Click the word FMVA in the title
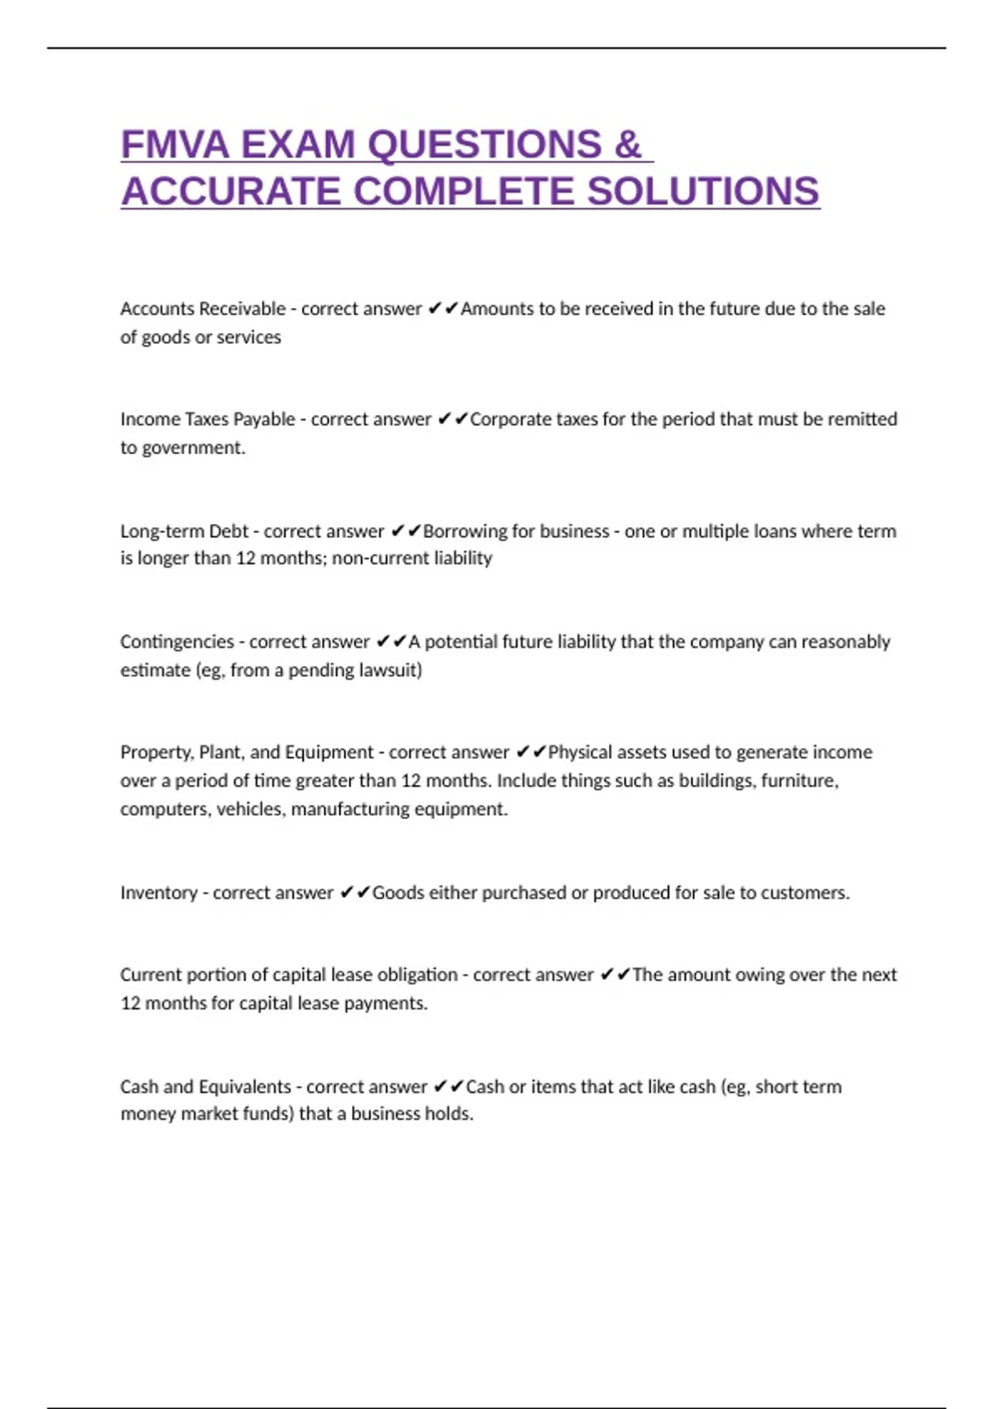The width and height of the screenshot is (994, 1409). pyautogui.click(x=175, y=145)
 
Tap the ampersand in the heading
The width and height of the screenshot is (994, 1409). pyautogui.click(x=628, y=145)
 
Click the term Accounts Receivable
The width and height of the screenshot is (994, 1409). pyautogui.click(x=203, y=309)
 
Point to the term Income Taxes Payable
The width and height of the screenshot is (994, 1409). pyautogui.click(x=207, y=419)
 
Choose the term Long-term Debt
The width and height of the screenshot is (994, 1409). pyautogui.click(x=184, y=531)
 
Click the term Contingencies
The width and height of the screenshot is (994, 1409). pyautogui.click(x=177, y=642)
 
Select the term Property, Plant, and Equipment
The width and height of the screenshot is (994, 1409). pyautogui.click(x=247, y=753)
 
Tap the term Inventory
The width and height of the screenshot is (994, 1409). pyautogui.click(x=158, y=893)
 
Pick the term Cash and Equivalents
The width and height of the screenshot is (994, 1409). pyautogui.click(x=205, y=1087)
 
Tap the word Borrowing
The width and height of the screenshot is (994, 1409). pyautogui.click(x=460, y=531)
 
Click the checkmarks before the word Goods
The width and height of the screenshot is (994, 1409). pyautogui.click(x=355, y=893)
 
